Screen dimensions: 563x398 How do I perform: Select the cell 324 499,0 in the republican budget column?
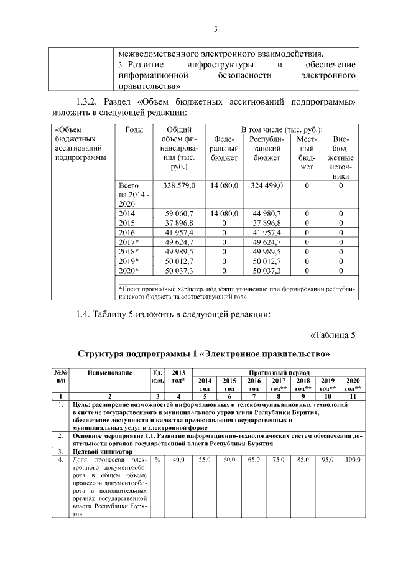(x=266, y=186)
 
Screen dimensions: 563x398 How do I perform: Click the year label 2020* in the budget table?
(x=129, y=271)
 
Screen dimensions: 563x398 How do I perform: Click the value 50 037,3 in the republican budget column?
(x=266, y=271)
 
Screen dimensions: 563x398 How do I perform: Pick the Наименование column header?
(x=110, y=372)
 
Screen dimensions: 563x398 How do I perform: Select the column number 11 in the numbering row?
(x=353, y=396)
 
